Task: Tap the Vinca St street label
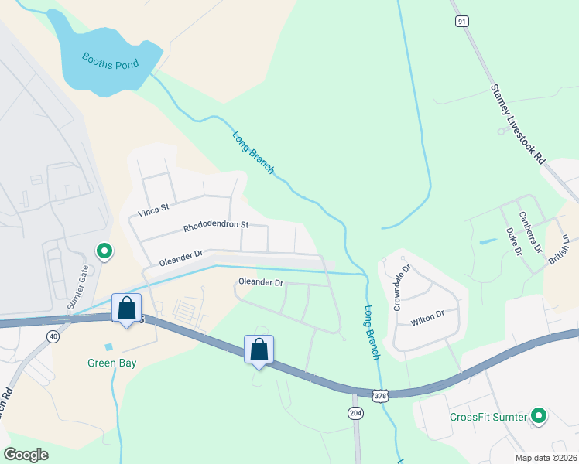[153, 209]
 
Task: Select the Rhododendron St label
[215, 227]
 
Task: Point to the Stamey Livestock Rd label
[518, 125]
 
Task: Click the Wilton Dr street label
[428, 316]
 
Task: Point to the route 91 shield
[462, 22]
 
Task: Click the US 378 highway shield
[379, 396]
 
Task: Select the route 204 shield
[355, 413]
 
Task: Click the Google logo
[26, 455]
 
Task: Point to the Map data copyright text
[546, 458]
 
